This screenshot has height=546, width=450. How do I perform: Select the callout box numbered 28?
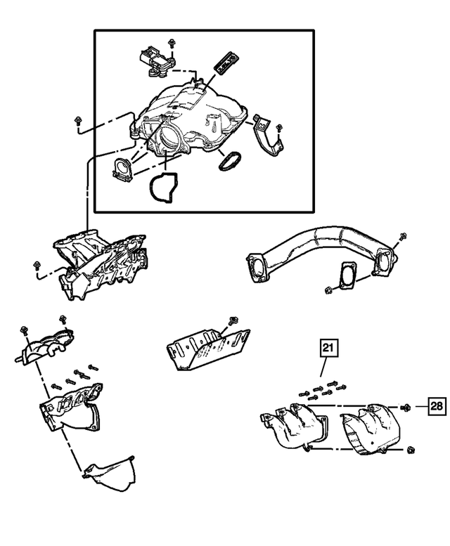point(436,406)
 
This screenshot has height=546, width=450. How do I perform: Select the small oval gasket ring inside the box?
point(228,160)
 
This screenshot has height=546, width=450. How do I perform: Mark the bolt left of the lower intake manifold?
point(35,265)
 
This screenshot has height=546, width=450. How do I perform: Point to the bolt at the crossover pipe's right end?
point(401,237)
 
